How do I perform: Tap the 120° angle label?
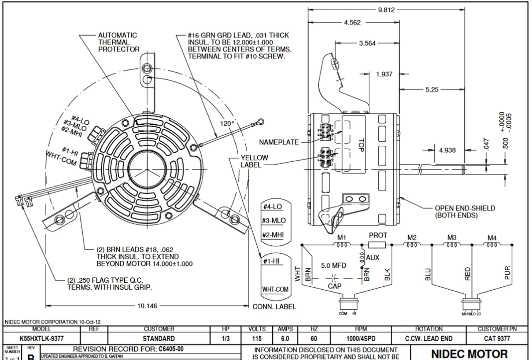pyautogui.click(x=228, y=123)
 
